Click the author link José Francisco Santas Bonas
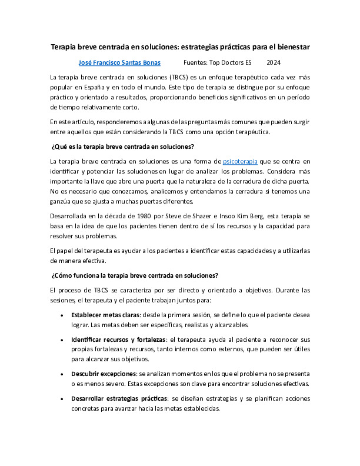(119, 62)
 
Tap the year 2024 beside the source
(274, 62)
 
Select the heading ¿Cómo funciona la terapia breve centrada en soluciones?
(135, 275)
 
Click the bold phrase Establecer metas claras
(101, 315)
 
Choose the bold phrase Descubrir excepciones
(105, 374)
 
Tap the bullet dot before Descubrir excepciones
(63, 374)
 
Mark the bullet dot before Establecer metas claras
(63, 315)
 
